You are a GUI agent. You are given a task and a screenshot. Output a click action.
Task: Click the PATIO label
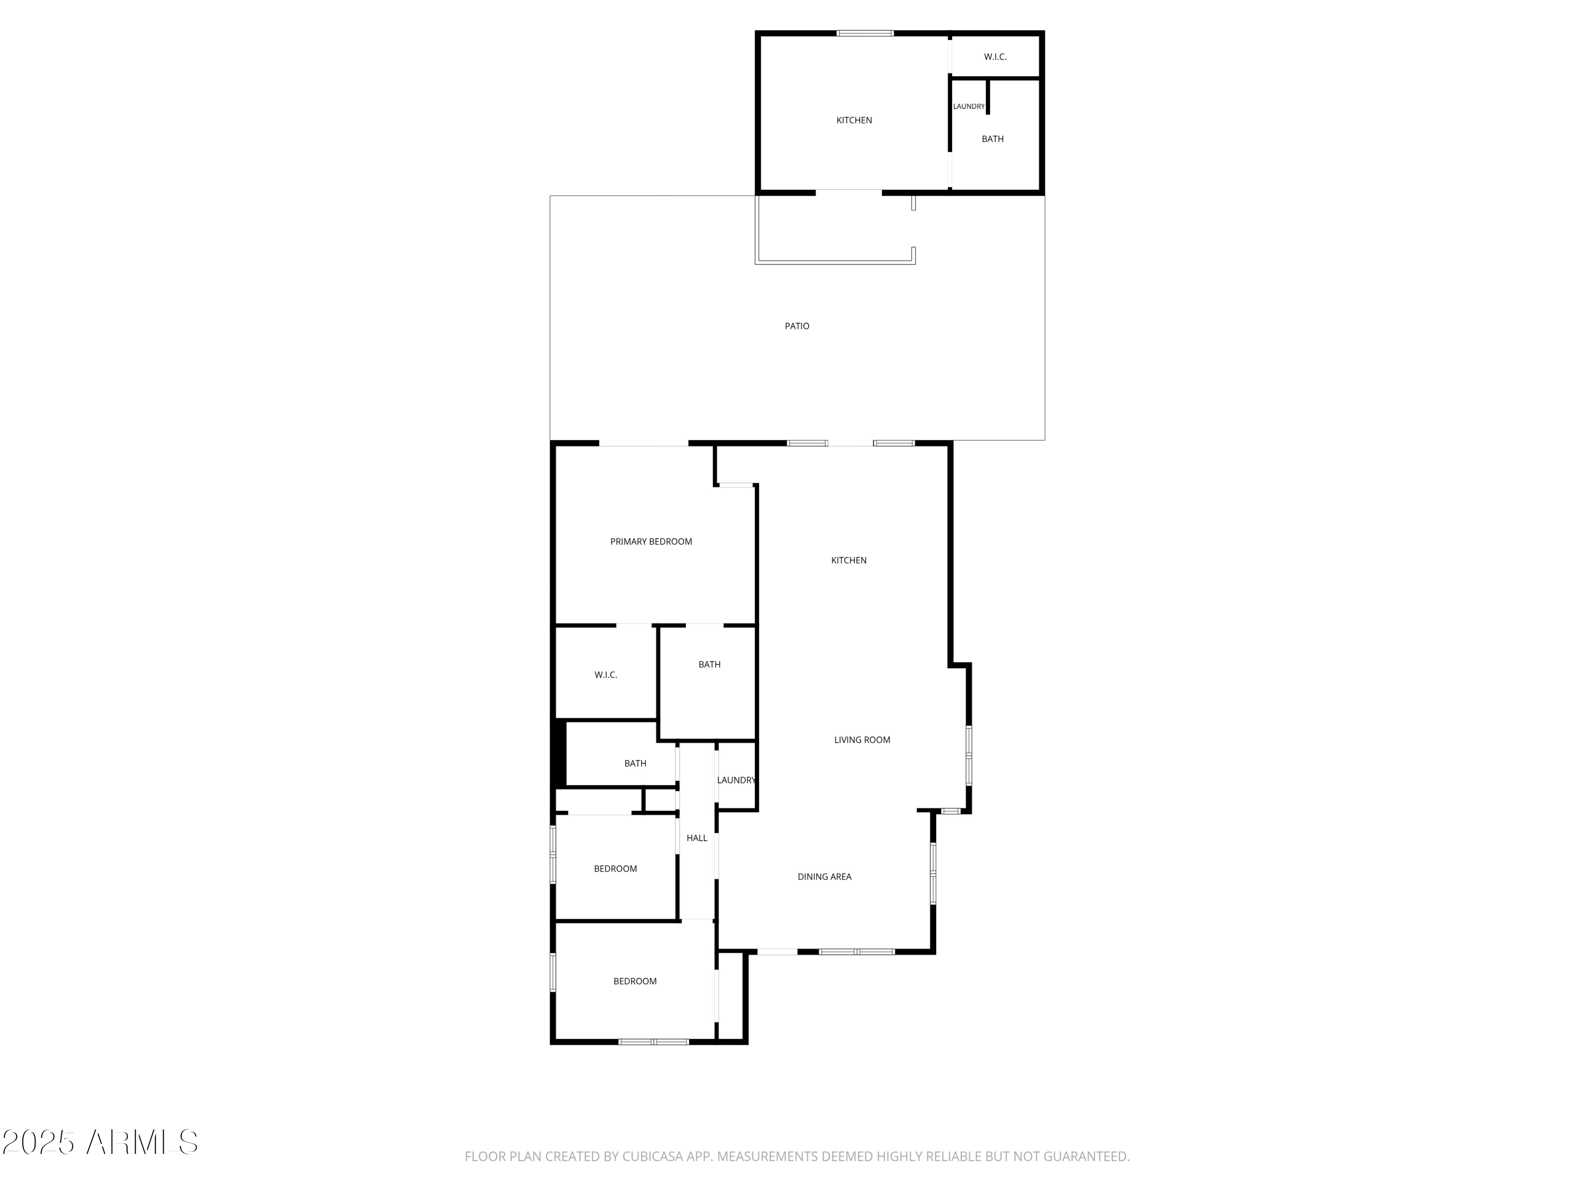[797, 326]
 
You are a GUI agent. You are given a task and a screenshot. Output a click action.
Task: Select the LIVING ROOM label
[862, 739]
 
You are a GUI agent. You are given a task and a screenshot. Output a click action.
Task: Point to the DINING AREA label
[824, 877]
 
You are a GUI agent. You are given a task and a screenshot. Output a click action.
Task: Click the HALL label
[696, 838]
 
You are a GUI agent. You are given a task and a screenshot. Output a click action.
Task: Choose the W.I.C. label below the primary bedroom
[605, 675]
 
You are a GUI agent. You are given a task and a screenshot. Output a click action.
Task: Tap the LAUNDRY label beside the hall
[735, 780]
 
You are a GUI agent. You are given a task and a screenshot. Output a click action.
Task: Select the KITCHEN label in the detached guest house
[854, 120]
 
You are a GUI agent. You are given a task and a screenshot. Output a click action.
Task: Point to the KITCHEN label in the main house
[849, 560]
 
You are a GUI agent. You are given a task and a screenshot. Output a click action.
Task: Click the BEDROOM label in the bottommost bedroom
[634, 981]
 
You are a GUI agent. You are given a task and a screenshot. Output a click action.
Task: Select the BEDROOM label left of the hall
[615, 869]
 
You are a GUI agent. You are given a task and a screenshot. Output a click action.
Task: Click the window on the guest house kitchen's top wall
[864, 33]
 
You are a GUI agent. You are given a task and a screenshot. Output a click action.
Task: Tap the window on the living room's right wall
[968, 755]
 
